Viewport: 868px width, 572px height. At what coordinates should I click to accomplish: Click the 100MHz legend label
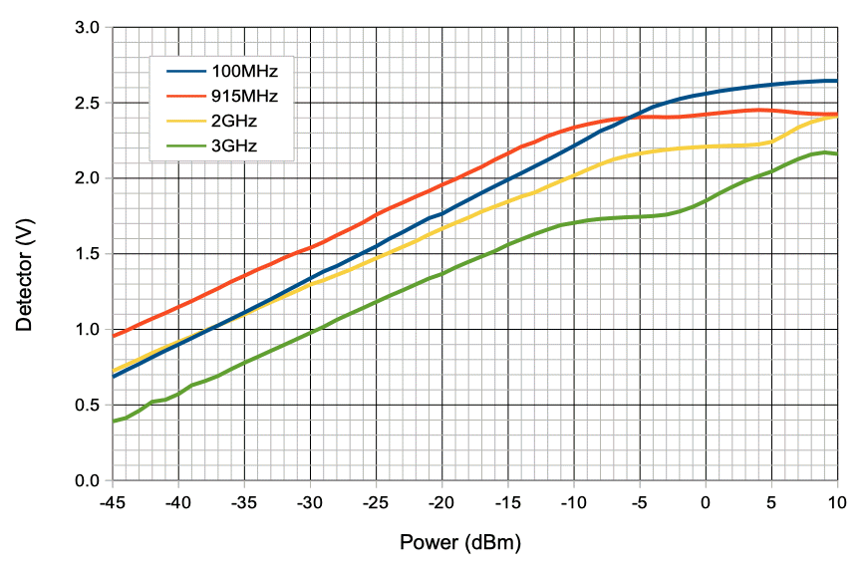click(x=243, y=72)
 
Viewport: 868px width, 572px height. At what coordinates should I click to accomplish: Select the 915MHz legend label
click(x=243, y=98)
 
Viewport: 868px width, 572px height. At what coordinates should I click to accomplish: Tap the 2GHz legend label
click(x=234, y=124)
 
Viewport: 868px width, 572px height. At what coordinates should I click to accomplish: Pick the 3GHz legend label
click(x=234, y=149)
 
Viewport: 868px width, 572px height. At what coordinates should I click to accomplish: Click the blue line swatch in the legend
click(x=184, y=72)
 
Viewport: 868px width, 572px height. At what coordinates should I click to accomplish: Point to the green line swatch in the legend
click(x=184, y=149)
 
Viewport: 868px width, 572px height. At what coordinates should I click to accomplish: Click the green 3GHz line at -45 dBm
click(x=114, y=422)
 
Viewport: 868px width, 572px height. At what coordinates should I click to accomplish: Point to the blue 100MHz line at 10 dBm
click(x=835, y=81)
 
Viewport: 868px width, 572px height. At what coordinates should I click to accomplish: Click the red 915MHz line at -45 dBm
click(x=114, y=336)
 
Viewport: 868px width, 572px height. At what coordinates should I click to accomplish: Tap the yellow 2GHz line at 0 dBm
click(x=705, y=146)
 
